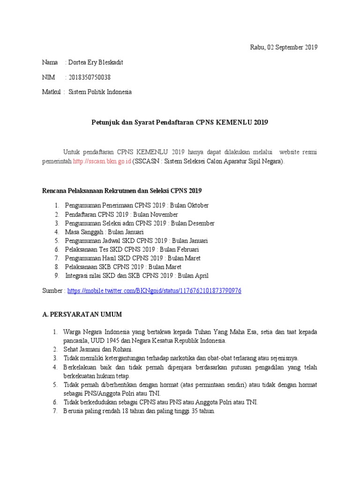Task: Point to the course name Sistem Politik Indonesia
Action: coord(100,92)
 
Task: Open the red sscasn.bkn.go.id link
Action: coord(102,161)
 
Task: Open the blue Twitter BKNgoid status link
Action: coord(154,291)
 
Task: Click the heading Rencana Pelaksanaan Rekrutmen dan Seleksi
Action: coord(122,191)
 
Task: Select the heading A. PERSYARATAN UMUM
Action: coord(82,314)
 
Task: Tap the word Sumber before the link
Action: coord(53,291)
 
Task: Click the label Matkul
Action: coord(52,92)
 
